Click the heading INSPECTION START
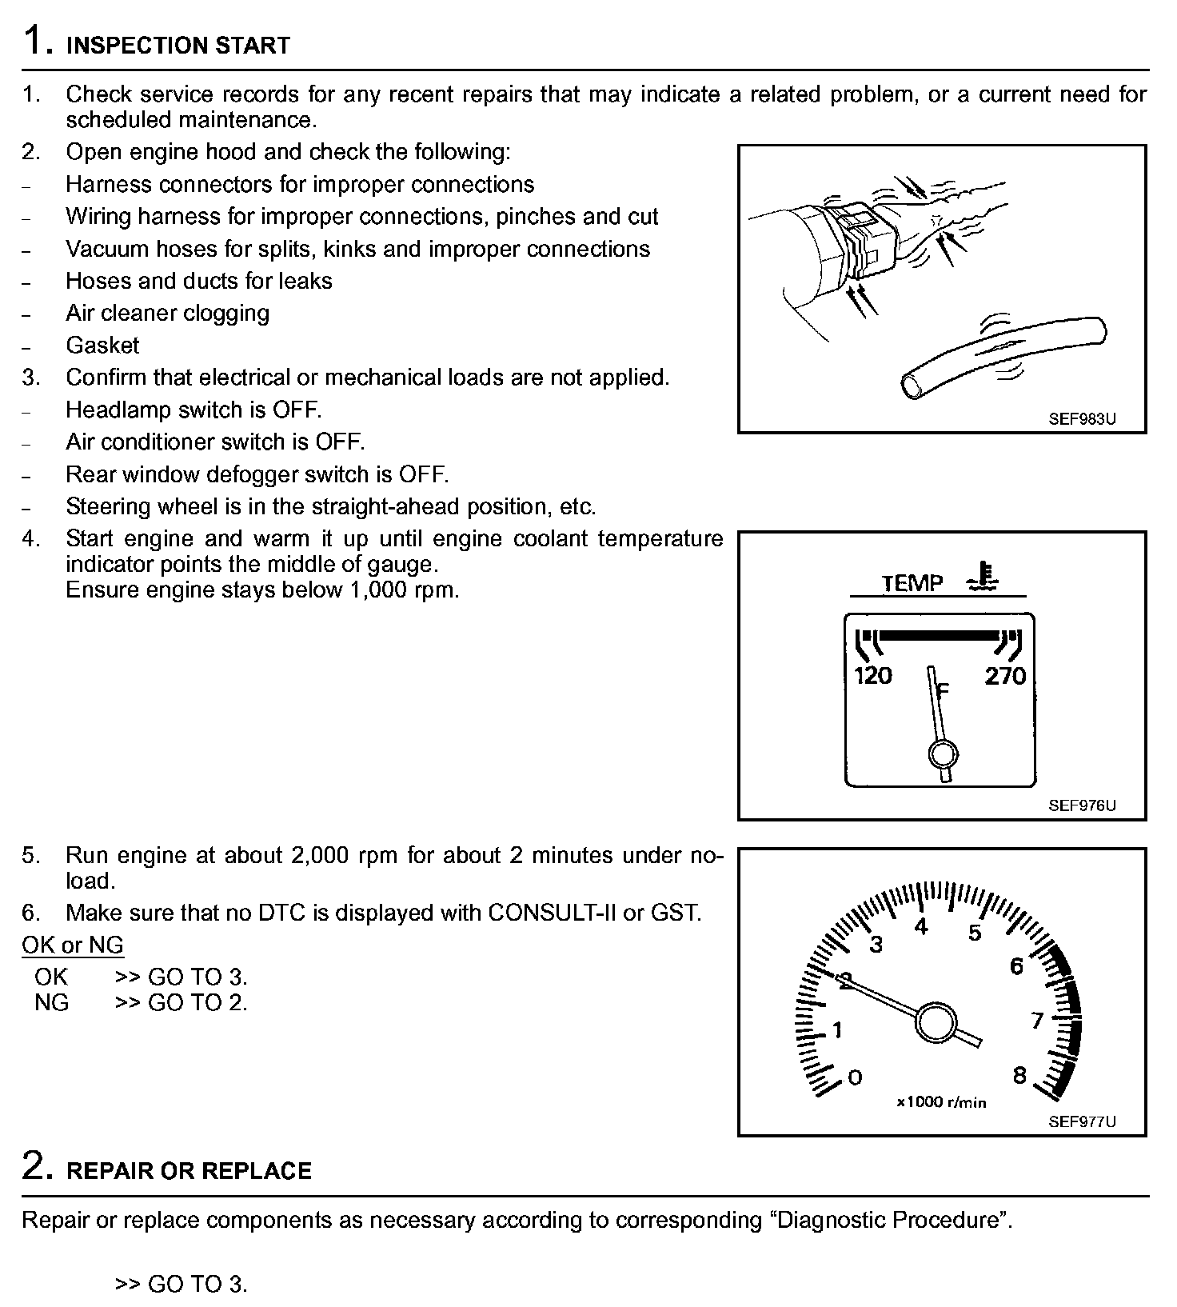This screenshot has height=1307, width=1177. [178, 46]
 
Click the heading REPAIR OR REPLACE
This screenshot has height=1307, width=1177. [189, 1171]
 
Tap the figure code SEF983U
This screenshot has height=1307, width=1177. [1082, 418]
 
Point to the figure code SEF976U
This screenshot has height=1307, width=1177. [1082, 805]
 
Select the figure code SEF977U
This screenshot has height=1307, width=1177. [1082, 1121]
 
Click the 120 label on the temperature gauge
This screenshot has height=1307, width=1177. [873, 677]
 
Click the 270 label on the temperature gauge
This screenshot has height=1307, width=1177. [1005, 677]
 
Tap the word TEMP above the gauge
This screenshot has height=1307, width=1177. [912, 583]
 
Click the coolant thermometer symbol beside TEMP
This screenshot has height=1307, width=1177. [981, 578]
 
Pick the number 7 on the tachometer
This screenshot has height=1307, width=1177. [1037, 1021]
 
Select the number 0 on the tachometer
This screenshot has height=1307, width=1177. [855, 1077]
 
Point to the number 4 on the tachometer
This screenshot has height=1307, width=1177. [921, 927]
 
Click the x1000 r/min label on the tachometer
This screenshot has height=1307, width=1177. [941, 1102]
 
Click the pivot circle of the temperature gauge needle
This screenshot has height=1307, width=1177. [944, 753]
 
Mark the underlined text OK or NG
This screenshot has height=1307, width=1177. [73, 945]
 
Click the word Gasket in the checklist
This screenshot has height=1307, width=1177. [102, 346]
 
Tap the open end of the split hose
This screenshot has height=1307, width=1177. [911, 386]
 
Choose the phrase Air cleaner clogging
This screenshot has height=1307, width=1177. [167, 313]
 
